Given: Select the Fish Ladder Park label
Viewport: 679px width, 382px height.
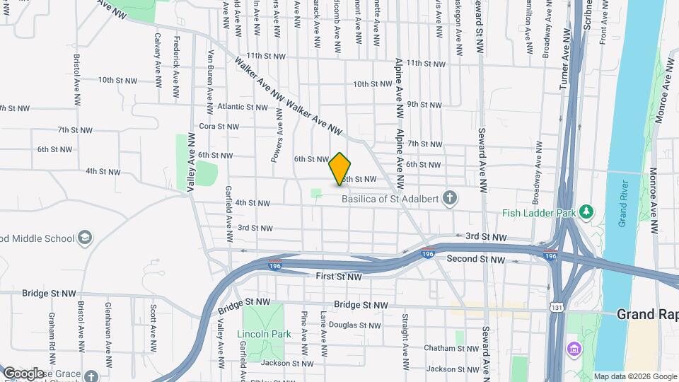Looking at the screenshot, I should point(537,212).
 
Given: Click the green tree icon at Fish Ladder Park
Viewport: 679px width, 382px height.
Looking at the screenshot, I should point(586,212).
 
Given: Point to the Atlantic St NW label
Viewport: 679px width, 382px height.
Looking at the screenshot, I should point(243,108).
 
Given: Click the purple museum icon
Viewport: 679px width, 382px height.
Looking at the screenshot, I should point(572,349).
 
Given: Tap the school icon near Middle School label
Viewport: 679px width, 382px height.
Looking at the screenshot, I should point(86,237).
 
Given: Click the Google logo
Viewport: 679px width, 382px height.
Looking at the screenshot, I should point(24,373).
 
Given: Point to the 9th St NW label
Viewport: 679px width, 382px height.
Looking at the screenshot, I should point(424,104).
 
